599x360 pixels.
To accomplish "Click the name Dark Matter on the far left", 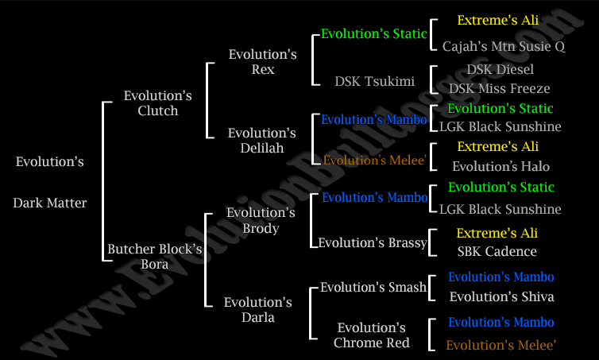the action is (50, 203).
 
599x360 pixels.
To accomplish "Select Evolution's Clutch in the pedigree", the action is (158, 103).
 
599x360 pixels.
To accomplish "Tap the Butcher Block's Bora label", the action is (154, 257).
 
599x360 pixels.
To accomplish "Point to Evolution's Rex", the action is (262, 61).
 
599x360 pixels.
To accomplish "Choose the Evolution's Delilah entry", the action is (261, 140).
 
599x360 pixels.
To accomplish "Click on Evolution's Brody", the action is (261, 220).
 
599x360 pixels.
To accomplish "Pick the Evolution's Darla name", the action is (258, 310).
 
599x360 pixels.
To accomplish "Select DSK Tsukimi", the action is (375, 81).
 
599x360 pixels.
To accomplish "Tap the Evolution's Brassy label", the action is (373, 242).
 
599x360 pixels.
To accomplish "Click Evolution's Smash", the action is (373, 287).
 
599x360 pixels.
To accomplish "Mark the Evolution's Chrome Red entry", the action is (371, 335).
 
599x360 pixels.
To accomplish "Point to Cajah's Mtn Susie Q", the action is (504, 46).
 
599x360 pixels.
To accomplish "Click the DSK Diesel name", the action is (500, 69).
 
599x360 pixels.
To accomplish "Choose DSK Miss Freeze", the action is (499, 88).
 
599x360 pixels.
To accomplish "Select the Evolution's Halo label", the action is (500, 166).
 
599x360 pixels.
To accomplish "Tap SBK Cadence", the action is (497, 251).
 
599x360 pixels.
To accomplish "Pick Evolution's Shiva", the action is (501, 296).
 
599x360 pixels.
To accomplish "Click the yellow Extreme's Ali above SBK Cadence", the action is (497, 233).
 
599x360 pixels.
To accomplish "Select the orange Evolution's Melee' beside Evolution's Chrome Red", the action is (500, 345).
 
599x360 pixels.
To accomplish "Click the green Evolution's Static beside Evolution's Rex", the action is (373, 33).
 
